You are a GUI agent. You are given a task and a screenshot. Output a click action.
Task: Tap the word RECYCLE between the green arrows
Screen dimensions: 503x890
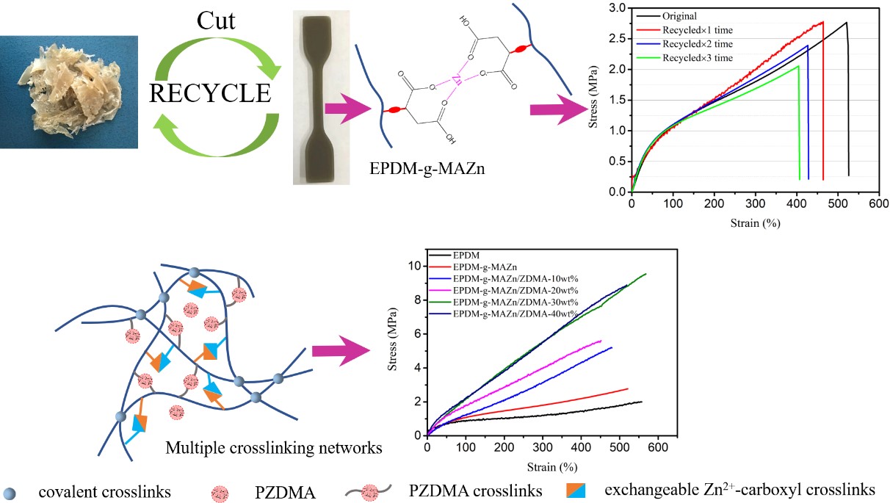coord(210,93)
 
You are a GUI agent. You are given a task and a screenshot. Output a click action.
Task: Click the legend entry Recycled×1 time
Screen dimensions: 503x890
coord(696,30)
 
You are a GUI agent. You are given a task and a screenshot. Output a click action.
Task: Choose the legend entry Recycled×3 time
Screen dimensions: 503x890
coord(696,57)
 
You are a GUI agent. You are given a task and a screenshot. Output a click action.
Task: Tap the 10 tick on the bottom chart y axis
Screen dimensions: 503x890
coord(416,266)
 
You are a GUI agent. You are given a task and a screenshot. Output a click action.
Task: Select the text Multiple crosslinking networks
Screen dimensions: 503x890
coord(273,448)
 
